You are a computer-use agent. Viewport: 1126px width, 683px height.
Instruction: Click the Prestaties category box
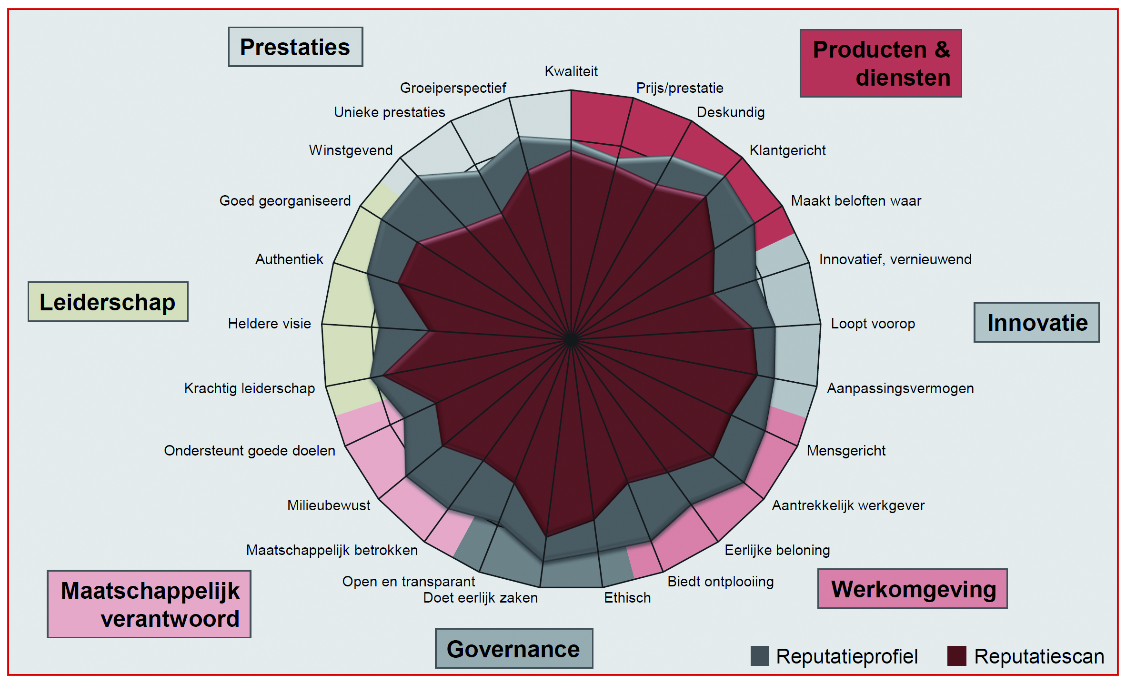tap(295, 47)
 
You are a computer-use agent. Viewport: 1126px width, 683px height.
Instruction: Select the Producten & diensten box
tap(881, 63)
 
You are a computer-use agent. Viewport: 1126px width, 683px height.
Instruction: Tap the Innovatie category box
tap(1036, 323)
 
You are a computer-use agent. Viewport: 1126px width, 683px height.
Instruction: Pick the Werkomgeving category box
tap(912, 589)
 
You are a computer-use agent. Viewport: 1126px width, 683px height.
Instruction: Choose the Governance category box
tap(513, 649)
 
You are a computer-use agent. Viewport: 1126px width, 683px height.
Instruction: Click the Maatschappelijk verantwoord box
tap(149, 604)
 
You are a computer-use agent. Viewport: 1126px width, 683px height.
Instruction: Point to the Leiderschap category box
tap(108, 302)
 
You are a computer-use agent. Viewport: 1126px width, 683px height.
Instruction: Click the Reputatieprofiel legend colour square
tap(759, 656)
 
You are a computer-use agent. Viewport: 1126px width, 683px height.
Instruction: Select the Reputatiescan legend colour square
tap(956, 656)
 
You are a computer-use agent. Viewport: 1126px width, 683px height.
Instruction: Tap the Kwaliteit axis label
tap(571, 71)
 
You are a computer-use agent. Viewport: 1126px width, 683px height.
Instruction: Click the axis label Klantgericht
tap(787, 150)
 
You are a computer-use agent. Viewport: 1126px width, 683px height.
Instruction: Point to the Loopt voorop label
tap(873, 324)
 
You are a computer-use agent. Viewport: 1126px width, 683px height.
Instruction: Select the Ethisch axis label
tap(627, 598)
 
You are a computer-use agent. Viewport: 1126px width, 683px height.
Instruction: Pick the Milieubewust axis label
tap(329, 505)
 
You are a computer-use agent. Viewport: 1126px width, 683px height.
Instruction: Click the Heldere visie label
tap(269, 324)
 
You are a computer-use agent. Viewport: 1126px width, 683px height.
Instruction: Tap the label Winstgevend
tap(351, 150)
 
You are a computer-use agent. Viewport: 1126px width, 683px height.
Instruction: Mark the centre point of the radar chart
tap(571, 340)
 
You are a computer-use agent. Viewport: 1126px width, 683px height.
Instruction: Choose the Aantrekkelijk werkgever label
tap(848, 505)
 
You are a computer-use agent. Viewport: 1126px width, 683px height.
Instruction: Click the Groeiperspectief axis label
tap(452, 88)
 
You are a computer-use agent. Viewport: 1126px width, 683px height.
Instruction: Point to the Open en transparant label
tap(408, 582)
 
